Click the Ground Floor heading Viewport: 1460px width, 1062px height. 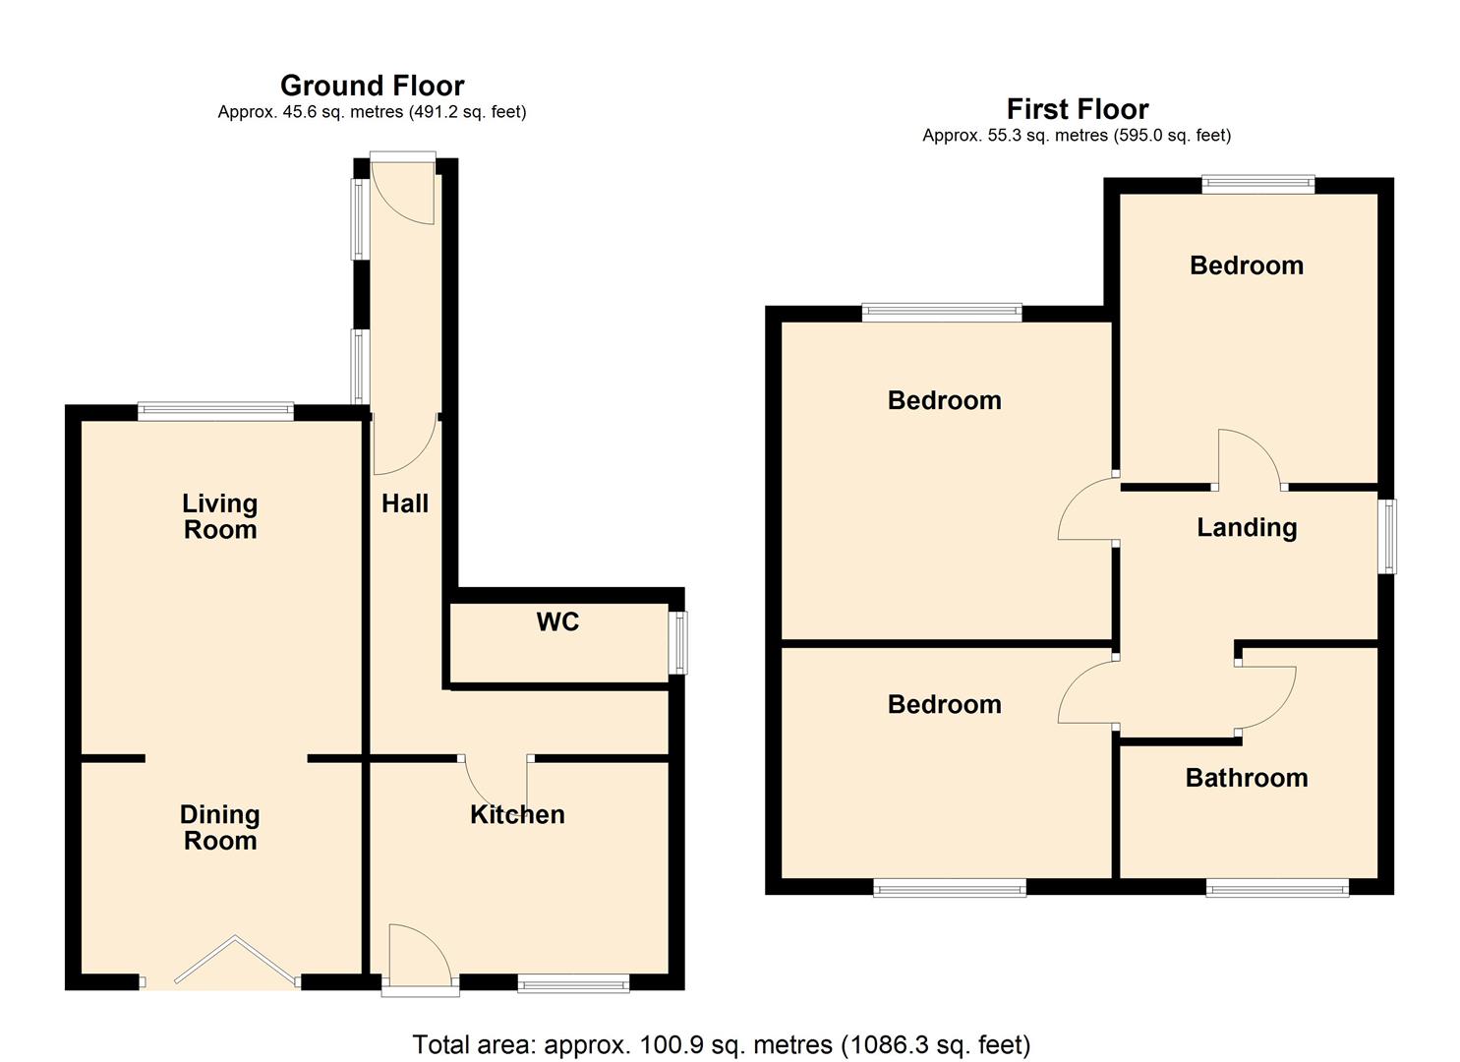pos(372,86)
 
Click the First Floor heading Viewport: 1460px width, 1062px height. pos(1077,109)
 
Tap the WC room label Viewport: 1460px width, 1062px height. pos(557,621)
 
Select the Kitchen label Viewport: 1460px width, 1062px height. pos(517,814)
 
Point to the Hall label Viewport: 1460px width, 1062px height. pos(404,503)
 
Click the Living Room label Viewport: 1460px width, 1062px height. pos(219,516)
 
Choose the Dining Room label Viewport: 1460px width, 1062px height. pos(219,827)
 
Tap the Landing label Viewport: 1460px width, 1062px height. pos(1246,527)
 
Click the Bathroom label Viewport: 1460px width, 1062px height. pos(1246,778)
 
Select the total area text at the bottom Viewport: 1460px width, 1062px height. pos(721,1043)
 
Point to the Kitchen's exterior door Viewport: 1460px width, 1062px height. pos(420,959)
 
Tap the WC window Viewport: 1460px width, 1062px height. pos(678,643)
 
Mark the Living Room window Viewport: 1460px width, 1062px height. pos(215,411)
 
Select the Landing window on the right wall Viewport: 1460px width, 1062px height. pos(1387,536)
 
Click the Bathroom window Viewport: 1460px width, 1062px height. pos(1277,889)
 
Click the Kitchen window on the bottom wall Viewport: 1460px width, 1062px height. pos(573,983)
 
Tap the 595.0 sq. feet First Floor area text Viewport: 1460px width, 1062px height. pos(1172,136)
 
